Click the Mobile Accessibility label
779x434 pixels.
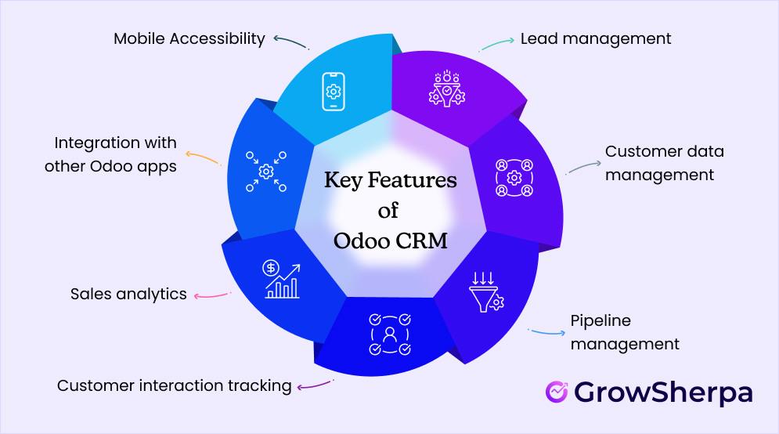point(189,38)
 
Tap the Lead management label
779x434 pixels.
point(596,38)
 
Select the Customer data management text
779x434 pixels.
point(665,162)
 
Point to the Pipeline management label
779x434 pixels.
point(624,332)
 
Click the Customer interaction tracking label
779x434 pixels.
point(174,385)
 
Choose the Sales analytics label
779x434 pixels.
point(128,294)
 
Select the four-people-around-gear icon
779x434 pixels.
point(514,177)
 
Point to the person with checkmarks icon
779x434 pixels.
point(390,334)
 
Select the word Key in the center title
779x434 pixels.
point(344,182)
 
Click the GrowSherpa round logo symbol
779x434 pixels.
point(557,391)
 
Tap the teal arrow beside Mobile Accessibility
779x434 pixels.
point(290,40)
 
